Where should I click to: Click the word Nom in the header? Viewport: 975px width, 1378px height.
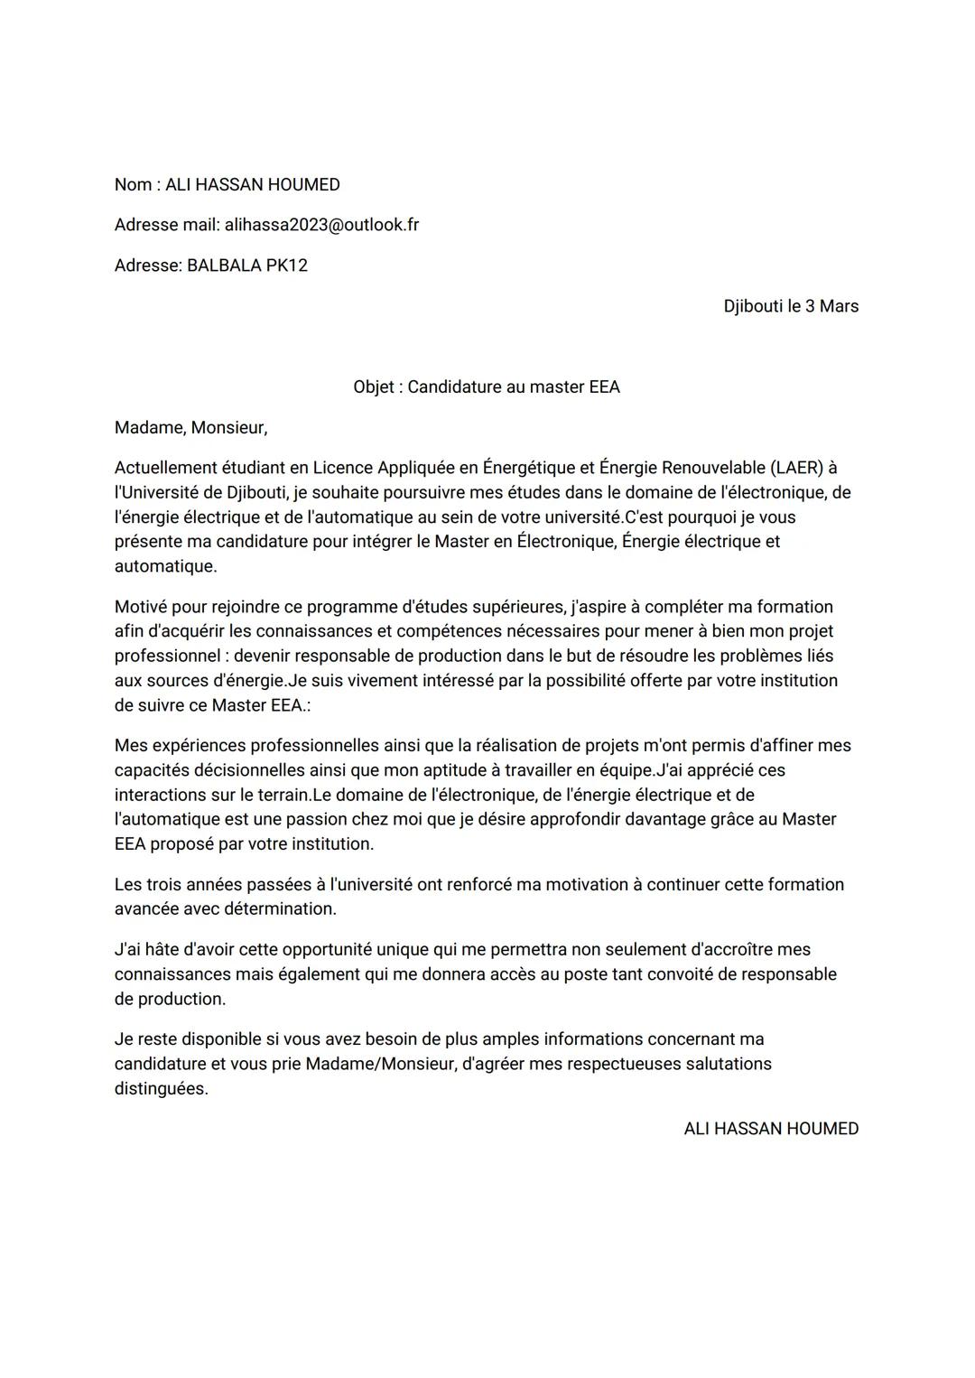[x=132, y=185]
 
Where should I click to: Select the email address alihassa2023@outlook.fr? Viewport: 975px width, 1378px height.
[x=321, y=225]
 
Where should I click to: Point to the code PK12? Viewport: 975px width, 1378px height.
[x=286, y=265]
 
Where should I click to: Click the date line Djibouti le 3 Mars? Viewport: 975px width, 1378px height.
[x=791, y=306]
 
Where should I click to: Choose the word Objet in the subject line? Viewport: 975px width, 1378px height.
[x=374, y=387]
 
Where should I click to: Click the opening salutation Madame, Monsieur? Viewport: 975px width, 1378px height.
[x=190, y=428]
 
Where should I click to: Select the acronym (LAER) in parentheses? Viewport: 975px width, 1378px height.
[x=796, y=468]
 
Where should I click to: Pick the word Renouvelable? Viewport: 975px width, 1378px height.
[x=713, y=468]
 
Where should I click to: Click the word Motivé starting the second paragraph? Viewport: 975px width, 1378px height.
[x=142, y=607]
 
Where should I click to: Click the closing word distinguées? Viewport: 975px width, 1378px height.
[x=161, y=1089]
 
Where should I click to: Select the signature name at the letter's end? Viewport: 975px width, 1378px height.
[x=771, y=1129]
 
